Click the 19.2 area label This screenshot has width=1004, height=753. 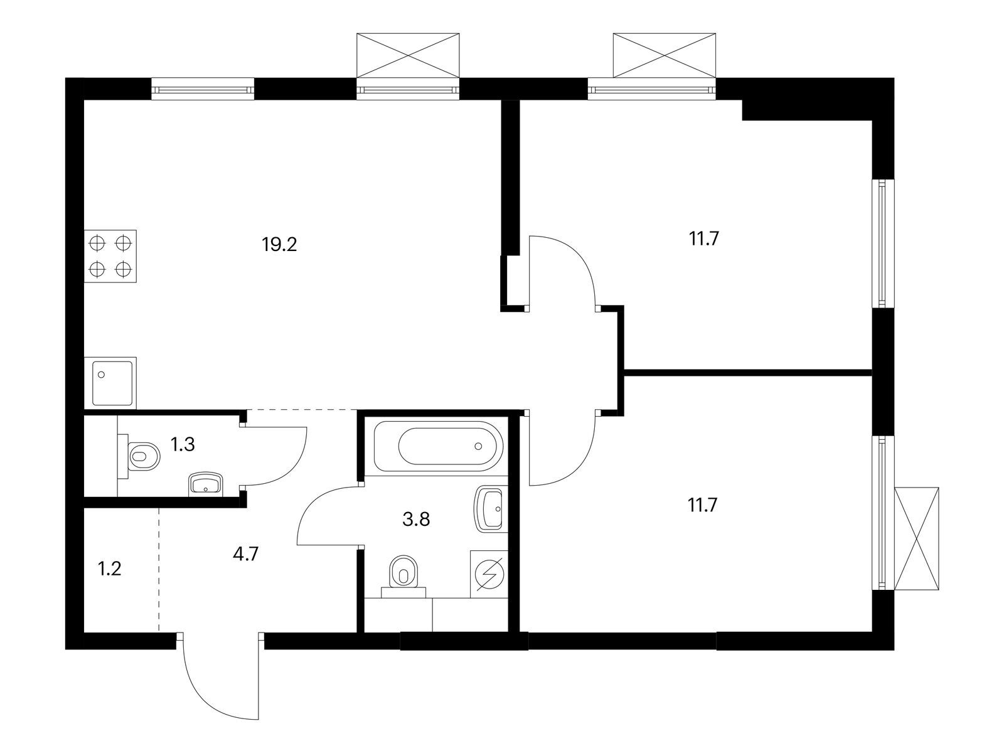pos(279,245)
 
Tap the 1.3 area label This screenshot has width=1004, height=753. pos(183,444)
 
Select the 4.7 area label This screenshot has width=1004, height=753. pos(245,554)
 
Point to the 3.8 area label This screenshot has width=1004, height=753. pos(416,520)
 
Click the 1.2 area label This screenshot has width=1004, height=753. pos(110,569)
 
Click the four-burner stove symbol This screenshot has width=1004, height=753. pos(110,256)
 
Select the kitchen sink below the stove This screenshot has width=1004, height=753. pos(110,383)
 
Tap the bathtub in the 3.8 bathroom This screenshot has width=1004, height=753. pos(438,446)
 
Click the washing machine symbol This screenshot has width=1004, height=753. pos(489,574)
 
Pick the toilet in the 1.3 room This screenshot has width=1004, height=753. pos(139,456)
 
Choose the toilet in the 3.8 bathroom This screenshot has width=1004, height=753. pos(403,576)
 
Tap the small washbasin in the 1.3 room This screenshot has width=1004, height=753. pos(205,484)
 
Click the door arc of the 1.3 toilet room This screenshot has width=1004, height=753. pos(293,467)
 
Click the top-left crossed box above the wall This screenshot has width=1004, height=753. pos(407,55)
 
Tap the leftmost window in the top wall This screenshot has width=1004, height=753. pos(203,88)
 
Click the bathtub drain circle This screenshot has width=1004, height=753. pos(478,446)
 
